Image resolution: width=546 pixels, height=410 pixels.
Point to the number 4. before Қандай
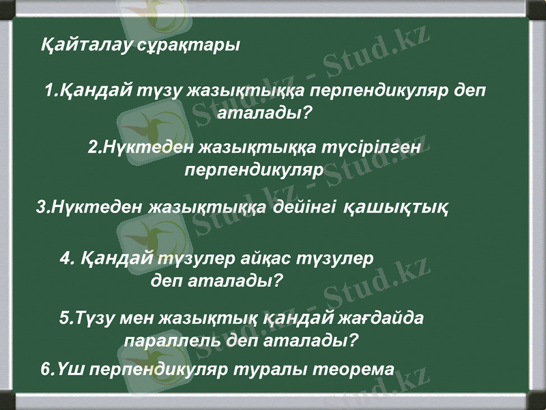67,260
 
